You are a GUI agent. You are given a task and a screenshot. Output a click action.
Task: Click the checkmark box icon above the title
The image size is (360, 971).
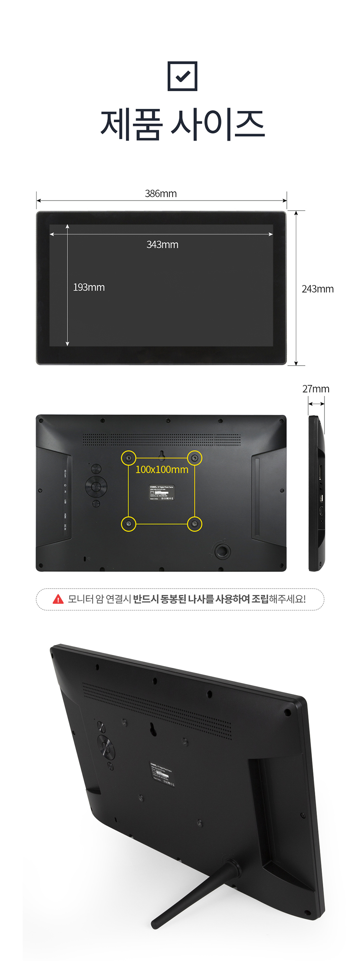pyautogui.click(x=182, y=76)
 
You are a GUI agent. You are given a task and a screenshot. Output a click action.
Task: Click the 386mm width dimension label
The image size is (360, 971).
pyautogui.click(x=161, y=194)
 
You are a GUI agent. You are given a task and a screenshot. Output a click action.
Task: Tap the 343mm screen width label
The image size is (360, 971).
pyautogui.click(x=162, y=245)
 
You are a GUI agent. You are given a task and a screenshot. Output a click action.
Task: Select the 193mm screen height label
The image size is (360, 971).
pyautogui.click(x=89, y=287)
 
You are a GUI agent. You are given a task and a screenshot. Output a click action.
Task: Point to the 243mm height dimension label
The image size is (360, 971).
pyautogui.click(x=317, y=289)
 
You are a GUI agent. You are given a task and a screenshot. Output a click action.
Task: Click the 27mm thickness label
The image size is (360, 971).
pyautogui.click(x=316, y=389)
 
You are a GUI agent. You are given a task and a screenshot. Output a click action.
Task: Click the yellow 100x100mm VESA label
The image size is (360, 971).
pyautogui.click(x=162, y=470)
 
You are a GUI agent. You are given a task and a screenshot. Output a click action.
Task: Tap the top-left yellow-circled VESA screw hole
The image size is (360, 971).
pyautogui.click(x=129, y=458)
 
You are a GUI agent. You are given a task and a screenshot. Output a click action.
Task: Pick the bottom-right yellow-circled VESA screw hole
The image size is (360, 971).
pyautogui.click(x=194, y=524)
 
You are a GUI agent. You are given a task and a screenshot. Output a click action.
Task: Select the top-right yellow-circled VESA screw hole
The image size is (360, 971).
pyautogui.click(x=194, y=458)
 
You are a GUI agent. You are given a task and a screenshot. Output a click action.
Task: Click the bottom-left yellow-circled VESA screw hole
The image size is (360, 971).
pyautogui.click(x=129, y=524)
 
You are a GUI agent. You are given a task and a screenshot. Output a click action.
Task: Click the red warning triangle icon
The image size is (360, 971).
pyautogui.click(x=58, y=599)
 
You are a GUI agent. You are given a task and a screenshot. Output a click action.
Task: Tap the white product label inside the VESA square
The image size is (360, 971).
pyautogui.click(x=162, y=492)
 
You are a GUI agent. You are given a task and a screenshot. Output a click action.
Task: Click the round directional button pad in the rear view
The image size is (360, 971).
pyautogui.click(x=96, y=486)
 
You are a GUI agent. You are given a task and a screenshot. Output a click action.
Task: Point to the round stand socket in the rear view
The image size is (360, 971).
pyautogui.click(x=222, y=551)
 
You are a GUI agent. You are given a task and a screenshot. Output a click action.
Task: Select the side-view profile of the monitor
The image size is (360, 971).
pyautogui.click(x=316, y=493)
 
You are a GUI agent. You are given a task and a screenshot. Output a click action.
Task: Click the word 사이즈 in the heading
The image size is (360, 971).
pyautogui.click(x=218, y=124)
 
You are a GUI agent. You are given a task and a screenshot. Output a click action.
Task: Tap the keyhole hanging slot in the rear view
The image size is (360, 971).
pyautogui.click(x=162, y=455)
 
